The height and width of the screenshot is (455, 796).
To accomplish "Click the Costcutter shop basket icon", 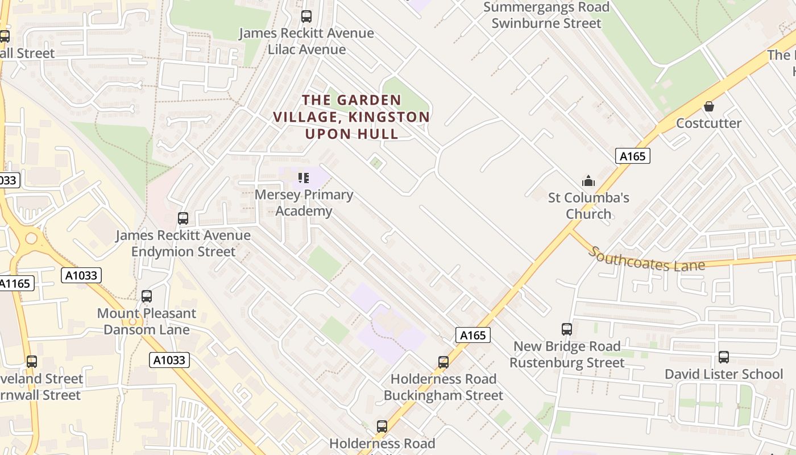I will (x=709, y=106).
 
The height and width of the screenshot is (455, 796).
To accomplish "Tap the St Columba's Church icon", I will (x=588, y=181).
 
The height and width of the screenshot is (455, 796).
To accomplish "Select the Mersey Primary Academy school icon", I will (x=304, y=178).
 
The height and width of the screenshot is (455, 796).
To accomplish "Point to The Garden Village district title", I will (x=351, y=117).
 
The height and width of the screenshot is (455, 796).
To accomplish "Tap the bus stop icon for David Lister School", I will (x=723, y=357).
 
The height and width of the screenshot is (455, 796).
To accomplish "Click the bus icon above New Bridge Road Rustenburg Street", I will (x=567, y=329).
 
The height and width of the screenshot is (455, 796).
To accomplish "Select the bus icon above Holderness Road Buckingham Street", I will (x=443, y=362).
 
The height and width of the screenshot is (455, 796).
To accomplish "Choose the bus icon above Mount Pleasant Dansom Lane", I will (x=147, y=296).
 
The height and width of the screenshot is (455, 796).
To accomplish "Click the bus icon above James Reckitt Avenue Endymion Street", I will (x=183, y=218).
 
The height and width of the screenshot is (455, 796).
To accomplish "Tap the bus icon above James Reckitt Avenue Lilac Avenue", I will (x=306, y=16).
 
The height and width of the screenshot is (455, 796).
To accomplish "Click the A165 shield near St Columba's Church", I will (x=632, y=156).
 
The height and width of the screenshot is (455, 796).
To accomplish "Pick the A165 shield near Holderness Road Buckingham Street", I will (x=472, y=335).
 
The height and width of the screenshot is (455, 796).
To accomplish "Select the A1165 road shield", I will (x=16, y=283).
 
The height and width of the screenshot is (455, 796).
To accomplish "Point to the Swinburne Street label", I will (x=546, y=23).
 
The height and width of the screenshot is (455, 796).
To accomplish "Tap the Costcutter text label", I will (x=708, y=123).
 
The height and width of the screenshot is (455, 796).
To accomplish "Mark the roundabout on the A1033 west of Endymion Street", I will (x=31, y=238).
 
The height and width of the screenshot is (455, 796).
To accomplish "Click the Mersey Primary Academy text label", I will (x=304, y=203).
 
